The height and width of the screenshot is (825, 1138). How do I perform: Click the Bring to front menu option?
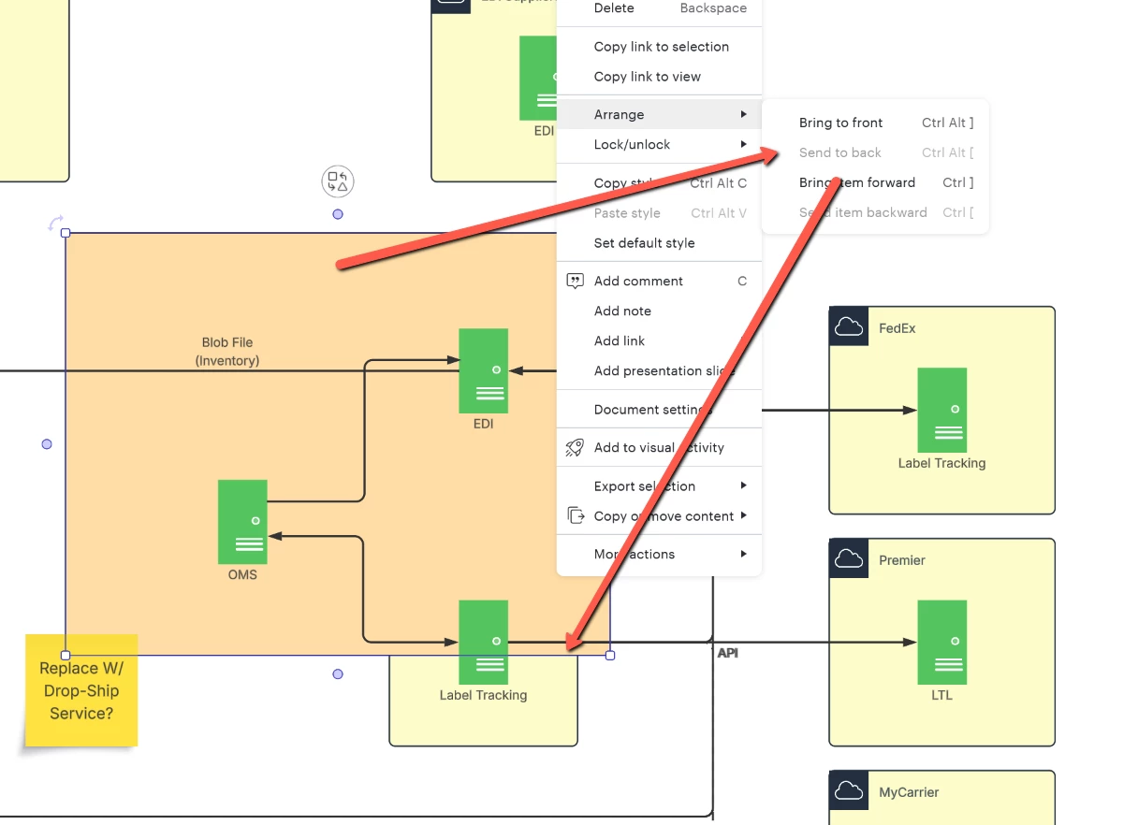pos(840,123)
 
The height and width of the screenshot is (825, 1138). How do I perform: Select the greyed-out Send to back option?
pos(840,152)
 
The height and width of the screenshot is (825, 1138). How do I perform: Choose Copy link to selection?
pos(661,47)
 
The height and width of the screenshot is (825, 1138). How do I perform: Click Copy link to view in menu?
pos(647,77)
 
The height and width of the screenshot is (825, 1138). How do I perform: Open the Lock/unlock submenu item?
pos(632,144)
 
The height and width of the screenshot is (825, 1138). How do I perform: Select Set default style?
pos(644,243)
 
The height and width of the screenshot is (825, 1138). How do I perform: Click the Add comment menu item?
pos(638,281)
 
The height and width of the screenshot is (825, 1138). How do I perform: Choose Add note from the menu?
pos(622,311)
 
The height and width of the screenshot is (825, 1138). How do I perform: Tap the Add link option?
pos(620,340)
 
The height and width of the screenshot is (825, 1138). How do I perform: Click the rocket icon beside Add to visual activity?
pos(575,448)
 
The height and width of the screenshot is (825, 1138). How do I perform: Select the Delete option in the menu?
pos(614,8)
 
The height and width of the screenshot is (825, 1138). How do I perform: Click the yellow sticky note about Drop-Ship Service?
pos(81,690)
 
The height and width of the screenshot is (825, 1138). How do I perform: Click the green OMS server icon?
pos(242,521)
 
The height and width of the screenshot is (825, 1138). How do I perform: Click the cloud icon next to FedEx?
pos(848,326)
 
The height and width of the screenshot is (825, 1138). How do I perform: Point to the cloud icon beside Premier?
pos(848,558)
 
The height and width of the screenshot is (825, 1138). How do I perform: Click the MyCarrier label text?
pos(908,792)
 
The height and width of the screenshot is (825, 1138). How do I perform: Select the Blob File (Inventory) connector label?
pos(227,352)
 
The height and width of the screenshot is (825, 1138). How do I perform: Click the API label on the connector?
pos(727,653)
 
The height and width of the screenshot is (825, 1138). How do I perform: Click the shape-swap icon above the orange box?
pos(338,181)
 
